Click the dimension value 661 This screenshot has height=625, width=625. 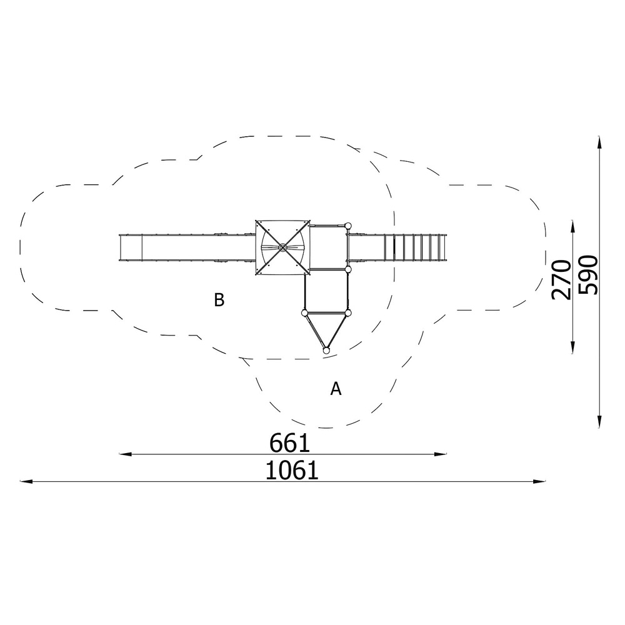[x=289, y=443]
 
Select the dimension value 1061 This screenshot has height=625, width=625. [x=292, y=471]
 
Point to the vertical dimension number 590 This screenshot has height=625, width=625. [x=588, y=275]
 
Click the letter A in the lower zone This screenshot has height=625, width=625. [x=336, y=388]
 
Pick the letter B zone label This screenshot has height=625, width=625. [x=219, y=300]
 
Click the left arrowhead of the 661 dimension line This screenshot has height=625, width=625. [x=126, y=454]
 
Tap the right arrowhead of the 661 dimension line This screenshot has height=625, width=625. [x=441, y=454]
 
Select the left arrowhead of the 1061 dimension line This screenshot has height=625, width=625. [x=26, y=481]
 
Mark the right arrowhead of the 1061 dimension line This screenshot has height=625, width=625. [x=539, y=481]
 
